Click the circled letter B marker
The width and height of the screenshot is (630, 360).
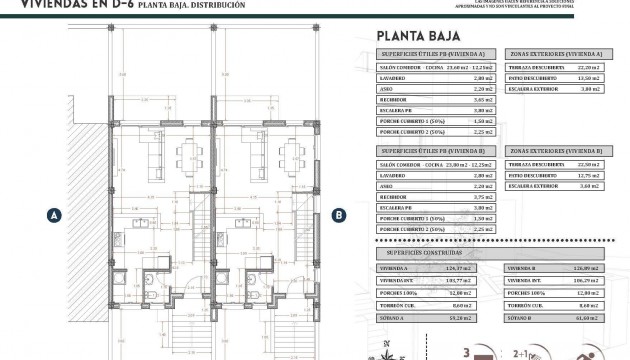click(x=339, y=214)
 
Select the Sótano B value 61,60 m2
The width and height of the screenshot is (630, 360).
click(x=591, y=317)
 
